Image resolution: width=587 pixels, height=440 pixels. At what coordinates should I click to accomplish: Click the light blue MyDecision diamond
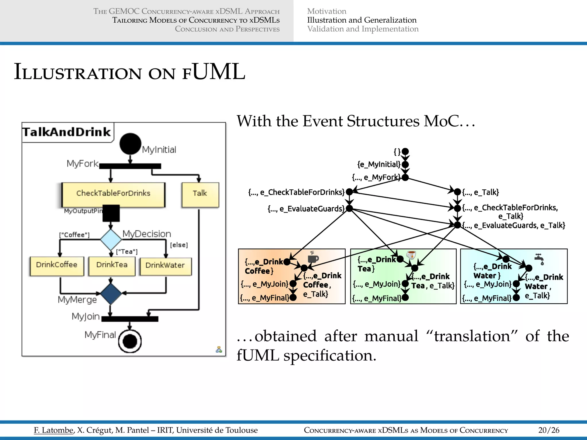tap(111, 239)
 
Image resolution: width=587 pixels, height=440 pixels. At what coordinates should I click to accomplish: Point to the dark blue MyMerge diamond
tap(111, 294)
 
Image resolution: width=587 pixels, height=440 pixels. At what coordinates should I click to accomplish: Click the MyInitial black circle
tap(130, 144)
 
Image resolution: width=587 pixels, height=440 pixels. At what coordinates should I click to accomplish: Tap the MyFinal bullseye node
tap(130, 341)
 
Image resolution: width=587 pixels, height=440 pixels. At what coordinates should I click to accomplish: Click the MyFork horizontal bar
tap(130, 166)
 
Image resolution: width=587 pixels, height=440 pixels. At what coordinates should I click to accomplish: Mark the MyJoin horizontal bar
tap(130, 319)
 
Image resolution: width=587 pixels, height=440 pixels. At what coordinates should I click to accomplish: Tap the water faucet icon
tap(540, 259)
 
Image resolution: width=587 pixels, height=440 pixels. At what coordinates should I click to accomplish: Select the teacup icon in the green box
tap(411, 255)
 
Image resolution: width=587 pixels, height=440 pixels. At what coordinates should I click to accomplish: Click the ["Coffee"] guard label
tap(74, 235)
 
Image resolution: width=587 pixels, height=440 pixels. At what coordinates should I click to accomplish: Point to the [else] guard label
tap(179, 245)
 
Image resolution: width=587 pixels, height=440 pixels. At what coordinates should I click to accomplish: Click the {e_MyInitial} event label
tap(379, 164)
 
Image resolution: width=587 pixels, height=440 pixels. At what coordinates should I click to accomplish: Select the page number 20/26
tap(549, 430)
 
